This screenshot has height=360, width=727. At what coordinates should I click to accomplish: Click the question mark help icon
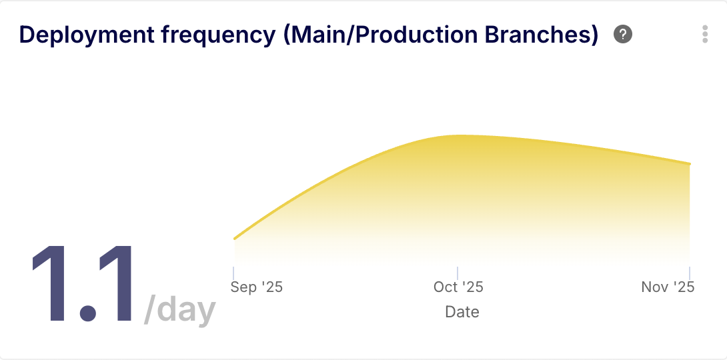click(x=623, y=34)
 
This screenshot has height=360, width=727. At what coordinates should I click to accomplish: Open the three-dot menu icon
click(x=705, y=34)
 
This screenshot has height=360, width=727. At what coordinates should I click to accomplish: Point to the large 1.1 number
click(x=83, y=284)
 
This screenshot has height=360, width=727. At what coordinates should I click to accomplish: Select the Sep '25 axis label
click(x=256, y=287)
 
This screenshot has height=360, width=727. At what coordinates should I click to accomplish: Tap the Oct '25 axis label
click(x=458, y=287)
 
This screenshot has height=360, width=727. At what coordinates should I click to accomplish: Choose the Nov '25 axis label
click(x=668, y=287)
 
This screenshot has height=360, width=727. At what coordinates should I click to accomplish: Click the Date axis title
click(x=462, y=311)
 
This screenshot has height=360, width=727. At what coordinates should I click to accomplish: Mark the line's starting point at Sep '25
click(x=235, y=239)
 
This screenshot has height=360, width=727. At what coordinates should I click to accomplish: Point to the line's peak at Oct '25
click(x=458, y=135)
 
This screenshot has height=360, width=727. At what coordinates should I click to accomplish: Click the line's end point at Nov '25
click(x=690, y=164)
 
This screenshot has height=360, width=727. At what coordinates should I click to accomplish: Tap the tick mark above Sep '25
click(x=233, y=273)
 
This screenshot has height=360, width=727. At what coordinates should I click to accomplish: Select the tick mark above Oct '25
click(x=458, y=273)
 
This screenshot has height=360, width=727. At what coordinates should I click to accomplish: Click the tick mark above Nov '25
click(x=690, y=273)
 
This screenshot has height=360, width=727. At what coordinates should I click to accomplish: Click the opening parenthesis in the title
click(x=287, y=36)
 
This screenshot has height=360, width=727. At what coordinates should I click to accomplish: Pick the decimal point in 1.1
click(x=88, y=313)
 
